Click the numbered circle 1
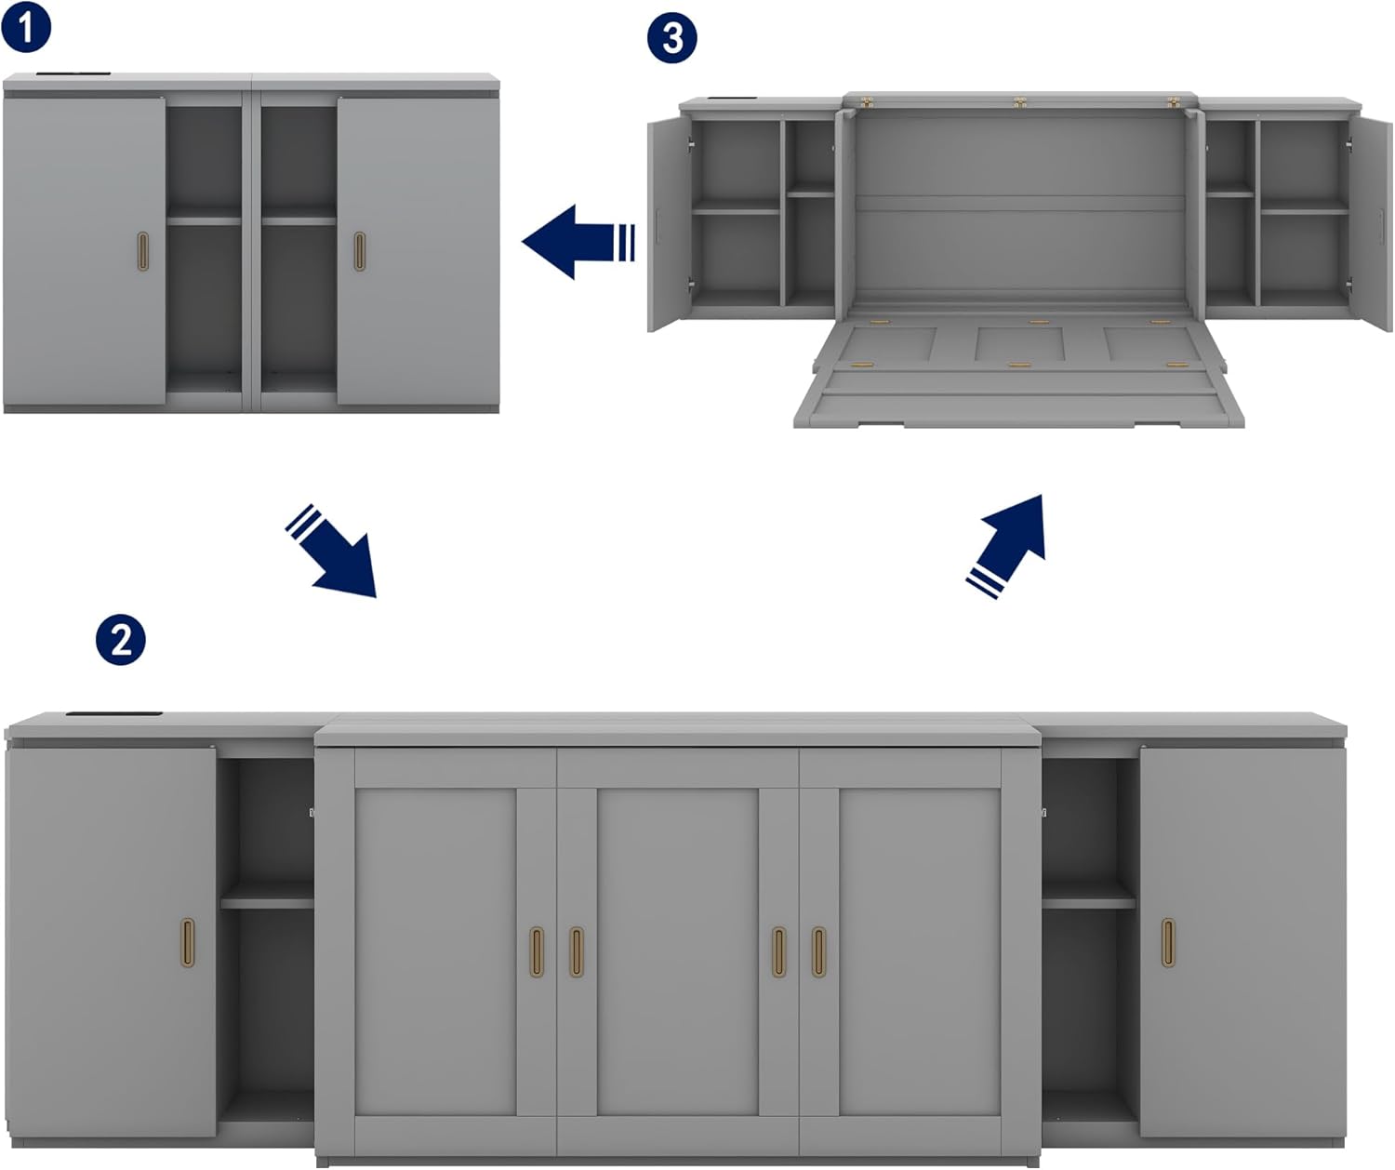(x=26, y=26)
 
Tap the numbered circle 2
(x=120, y=640)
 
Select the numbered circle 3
(x=672, y=37)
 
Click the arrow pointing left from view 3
(x=578, y=242)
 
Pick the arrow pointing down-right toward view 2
(x=331, y=551)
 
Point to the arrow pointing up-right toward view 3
(x=1005, y=547)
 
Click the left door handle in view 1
(x=143, y=251)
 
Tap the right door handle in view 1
(x=359, y=251)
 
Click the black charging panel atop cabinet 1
(x=73, y=73)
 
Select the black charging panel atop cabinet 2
(x=114, y=713)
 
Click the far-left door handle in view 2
(x=189, y=942)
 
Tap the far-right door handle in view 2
(x=1168, y=942)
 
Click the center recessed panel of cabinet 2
(x=677, y=951)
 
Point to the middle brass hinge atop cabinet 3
(x=1019, y=102)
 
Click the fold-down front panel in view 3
(x=1019, y=374)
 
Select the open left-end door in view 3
(x=669, y=223)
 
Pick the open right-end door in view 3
(x=1371, y=223)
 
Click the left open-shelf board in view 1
(x=204, y=220)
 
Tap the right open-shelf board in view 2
(x=1089, y=903)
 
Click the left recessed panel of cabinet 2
(x=435, y=951)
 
